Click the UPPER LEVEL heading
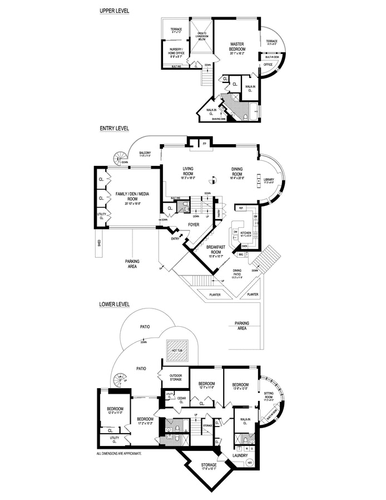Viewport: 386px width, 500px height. click(114, 10)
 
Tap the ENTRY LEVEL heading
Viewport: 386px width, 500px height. click(114, 128)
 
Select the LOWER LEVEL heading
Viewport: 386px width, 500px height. click(114, 305)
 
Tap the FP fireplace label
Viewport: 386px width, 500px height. click(205, 145)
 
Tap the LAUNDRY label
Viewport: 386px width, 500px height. click(240, 455)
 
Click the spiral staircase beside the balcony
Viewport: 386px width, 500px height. click(119, 157)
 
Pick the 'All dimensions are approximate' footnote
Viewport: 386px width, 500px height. click(119, 454)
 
